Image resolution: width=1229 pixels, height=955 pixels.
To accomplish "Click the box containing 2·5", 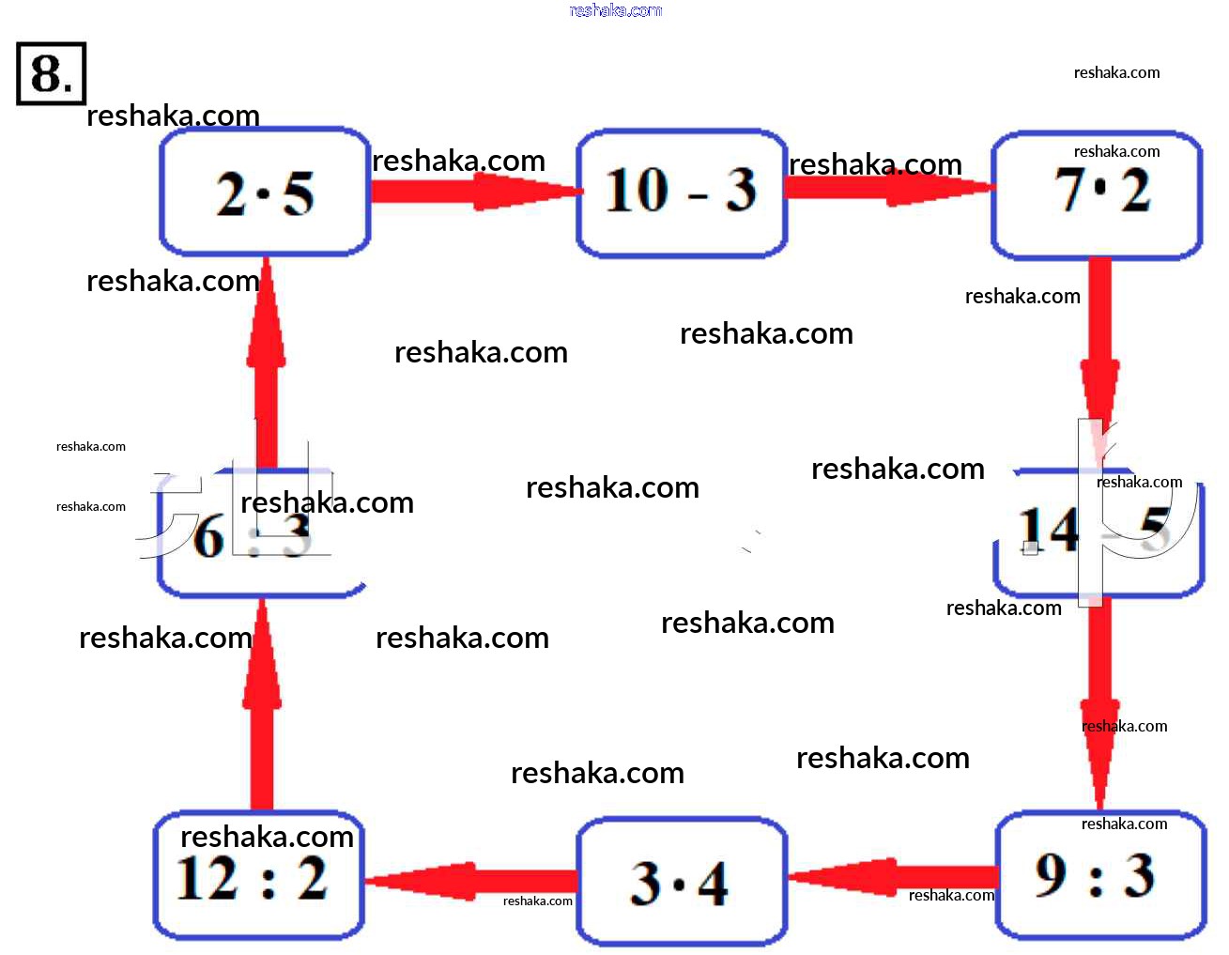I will tap(265, 192).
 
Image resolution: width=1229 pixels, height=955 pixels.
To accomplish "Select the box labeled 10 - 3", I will tap(681, 193).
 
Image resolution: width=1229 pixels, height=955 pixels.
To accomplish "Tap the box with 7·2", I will tap(1097, 194).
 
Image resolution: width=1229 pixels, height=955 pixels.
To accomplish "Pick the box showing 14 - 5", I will tap(1098, 531).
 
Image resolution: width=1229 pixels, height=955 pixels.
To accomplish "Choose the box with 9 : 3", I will tap(1099, 875).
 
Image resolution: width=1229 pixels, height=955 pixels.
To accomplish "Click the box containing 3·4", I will tap(681, 882).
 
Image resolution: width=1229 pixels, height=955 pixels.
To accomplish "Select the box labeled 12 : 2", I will tap(259, 875).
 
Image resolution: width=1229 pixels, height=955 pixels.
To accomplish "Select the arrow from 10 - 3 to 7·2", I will tap(887, 186).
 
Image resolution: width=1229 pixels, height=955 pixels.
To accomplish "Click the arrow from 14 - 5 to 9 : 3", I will tap(1098, 704).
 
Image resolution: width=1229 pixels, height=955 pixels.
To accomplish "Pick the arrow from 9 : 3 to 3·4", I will tap(892, 878).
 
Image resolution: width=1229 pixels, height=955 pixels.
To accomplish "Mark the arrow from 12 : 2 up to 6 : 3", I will tap(262, 704).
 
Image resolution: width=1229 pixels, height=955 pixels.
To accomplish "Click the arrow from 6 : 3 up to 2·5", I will tap(266, 366).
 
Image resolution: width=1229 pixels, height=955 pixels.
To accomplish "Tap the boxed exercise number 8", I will tap(51, 73).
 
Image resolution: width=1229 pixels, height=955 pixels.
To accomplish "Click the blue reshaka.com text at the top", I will tap(615, 10).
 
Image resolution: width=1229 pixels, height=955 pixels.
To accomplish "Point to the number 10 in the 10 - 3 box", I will tap(637, 191).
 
